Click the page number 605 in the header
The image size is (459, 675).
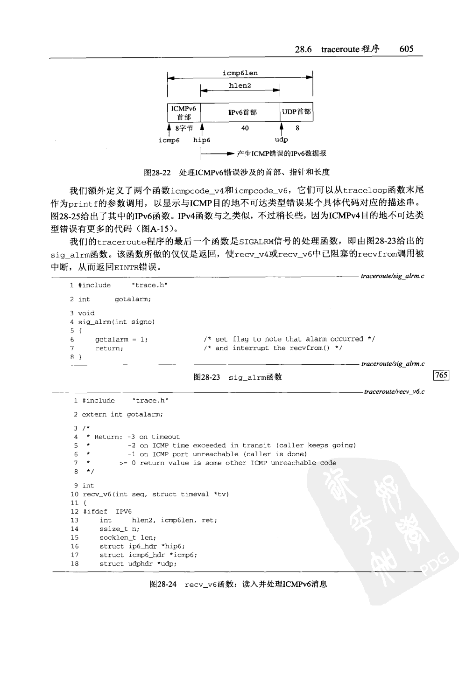(406, 49)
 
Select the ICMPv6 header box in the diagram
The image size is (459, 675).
(184, 112)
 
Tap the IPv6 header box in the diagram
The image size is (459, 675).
(242, 112)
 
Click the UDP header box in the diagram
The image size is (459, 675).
(297, 112)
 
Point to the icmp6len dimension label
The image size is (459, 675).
(240, 73)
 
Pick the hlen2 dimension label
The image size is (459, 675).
(240, 86)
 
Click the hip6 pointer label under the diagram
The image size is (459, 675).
(202, 140)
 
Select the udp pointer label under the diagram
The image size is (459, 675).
(281, 139)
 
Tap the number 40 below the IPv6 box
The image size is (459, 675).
(245, 128)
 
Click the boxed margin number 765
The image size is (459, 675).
(441, 375)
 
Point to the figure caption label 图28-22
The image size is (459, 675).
(157, 173)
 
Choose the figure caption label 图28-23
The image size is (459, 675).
(206, 377)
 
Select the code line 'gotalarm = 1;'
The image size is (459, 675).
(121, 340)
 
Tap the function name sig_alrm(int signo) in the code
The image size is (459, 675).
(116, 322)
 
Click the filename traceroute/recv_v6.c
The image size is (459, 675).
(394, 392)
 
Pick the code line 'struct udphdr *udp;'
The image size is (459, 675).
(138, 564)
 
